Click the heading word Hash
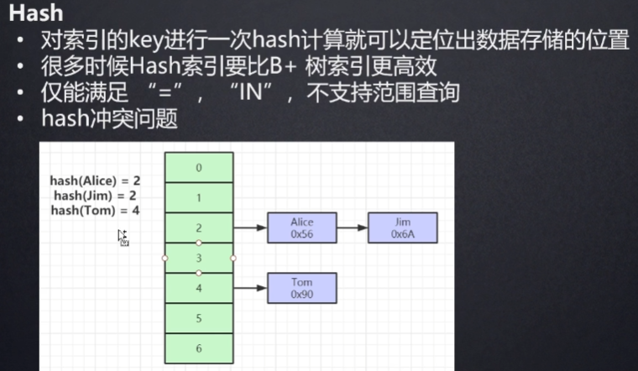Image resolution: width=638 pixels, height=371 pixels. pos(36,13)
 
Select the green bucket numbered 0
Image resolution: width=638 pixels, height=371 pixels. pos(199,168)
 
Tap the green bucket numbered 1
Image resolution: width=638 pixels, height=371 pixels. pos(199,198)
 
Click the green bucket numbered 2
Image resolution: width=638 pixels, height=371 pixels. pos(199,227)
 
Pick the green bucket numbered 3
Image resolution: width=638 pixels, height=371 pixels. pos(199,258)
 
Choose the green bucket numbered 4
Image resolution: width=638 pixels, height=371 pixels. pos(199,288)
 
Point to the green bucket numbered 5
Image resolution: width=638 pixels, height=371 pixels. pos(199,318)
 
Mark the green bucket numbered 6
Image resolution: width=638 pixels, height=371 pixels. pos(199,348)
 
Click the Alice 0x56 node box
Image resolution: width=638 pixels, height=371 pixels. pos(302,227)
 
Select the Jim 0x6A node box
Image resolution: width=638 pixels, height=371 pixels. pos(403,227)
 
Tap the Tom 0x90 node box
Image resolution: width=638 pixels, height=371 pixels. pos(302,288)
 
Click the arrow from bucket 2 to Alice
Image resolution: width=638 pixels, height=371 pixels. pos(250,227)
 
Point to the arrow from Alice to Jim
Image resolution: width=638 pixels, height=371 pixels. pos(353,227)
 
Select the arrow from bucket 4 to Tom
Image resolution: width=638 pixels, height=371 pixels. pos(250,288)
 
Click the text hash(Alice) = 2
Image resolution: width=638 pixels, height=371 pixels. pos(95,180)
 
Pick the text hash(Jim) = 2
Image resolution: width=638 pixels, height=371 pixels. pos(95,196)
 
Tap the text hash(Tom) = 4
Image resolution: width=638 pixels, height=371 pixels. pos(95,211)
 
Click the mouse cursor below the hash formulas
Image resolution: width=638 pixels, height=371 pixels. pos(123,238)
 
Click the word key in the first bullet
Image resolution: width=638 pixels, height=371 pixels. pos(146,40)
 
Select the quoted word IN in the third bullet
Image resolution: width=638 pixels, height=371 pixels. pos(251,92)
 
